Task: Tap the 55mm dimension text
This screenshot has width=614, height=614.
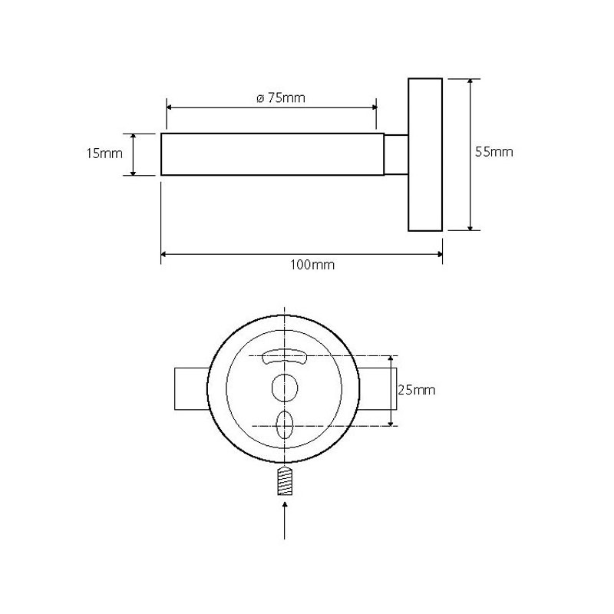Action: (494, 152)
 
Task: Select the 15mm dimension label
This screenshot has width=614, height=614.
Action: (104, 153)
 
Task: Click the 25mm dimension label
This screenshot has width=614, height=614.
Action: (416, 390)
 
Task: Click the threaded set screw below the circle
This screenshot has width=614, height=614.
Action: (286, 481)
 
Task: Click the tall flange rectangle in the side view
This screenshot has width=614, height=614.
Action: (425, 153)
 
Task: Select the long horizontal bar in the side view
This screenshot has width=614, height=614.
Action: (272, 154)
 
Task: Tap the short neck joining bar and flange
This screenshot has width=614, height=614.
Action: (395, 154)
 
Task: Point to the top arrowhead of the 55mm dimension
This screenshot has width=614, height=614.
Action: (470, 81)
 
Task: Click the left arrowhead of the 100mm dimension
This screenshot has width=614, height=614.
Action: (164, 254)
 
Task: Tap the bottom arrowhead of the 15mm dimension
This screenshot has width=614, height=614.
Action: (133, 172)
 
